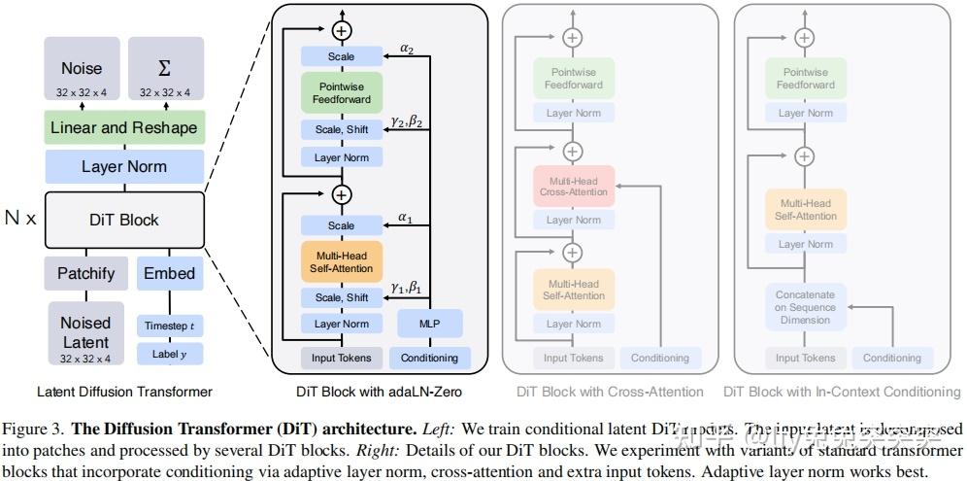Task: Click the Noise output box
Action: point(82,74)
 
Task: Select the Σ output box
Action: point(165,74)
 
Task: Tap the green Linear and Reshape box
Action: point(123,128)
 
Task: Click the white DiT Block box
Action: point(123,220)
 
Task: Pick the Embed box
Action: point(170,273)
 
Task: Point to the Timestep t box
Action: point(170,326)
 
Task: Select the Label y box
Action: point(170,355)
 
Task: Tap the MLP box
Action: point(430,324)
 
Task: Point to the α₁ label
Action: point(406,218)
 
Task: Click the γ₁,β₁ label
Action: point(406,288)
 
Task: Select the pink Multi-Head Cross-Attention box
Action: point(573,186)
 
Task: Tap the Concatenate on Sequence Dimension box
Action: point(805,307)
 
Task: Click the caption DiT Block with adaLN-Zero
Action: point(379,392)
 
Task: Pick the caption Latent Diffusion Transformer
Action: point(124,392)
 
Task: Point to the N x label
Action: point(20,219)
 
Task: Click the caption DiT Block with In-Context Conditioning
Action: point(842,392)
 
